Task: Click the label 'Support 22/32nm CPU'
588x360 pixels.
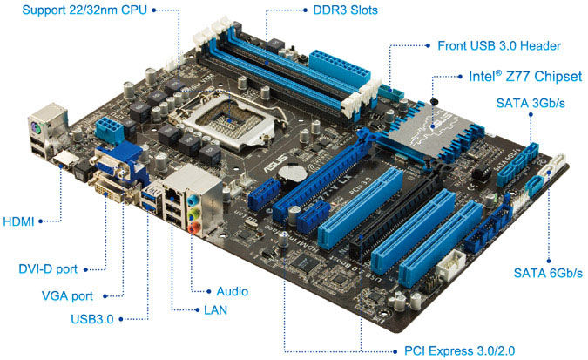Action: click(84, 10)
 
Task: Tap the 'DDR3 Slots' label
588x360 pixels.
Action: click(345, 10)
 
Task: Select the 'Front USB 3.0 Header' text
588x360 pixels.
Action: click(499, 46)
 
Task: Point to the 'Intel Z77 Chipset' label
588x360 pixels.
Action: click(525, 76)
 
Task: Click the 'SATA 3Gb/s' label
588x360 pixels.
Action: click(531, 103)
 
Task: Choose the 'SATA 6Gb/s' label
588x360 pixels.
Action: click(548, 273)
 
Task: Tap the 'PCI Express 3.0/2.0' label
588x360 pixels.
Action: click(459, 350)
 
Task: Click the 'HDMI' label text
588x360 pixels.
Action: click(18, 221)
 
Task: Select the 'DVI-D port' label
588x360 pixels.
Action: click(48, 269)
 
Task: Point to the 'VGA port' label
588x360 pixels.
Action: click(67, 295)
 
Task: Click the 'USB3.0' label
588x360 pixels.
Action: click(91, 319)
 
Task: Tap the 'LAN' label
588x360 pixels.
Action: click(216, 310)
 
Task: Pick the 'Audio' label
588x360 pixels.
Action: click(232, 291)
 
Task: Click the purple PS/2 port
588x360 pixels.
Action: click(36, 129)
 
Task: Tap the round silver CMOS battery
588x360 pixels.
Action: click(292, 173)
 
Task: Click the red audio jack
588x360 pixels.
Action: click(193, 228)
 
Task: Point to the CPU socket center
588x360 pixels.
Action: click(229, 120)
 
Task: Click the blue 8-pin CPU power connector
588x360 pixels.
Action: click(109, 130)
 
